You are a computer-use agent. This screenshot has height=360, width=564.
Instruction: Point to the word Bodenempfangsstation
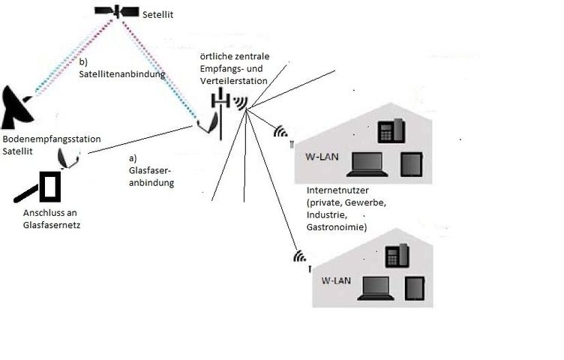[51, 139]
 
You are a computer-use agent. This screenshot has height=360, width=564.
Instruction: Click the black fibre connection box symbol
[50, 187]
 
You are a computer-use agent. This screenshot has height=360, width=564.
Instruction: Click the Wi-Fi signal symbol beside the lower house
[301, 256]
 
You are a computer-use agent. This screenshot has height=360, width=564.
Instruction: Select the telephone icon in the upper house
[391, 130]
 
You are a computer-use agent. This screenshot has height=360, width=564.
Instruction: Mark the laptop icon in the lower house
[376, 288]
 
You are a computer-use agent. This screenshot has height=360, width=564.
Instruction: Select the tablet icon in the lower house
[415, 288]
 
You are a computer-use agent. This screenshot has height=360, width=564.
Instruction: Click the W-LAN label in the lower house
[336, 280]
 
